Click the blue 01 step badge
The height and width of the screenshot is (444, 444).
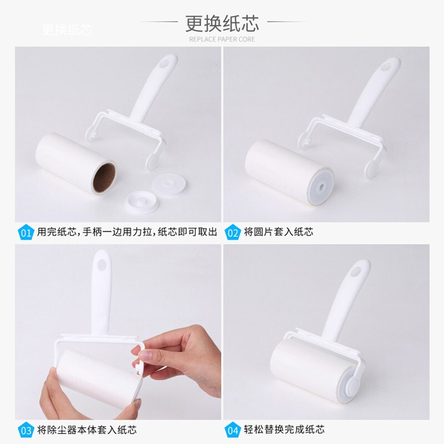(x=26, y=232)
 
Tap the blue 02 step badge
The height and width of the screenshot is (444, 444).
(x=233, y=232)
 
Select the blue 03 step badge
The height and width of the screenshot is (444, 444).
(x=26, y=430)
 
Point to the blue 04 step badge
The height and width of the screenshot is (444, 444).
(x=233, y=430)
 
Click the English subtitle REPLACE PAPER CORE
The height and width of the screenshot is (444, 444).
(x=222, y=39)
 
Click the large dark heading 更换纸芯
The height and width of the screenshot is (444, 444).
(x=223, y=23)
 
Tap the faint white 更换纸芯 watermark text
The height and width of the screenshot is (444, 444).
(x=67, y=29)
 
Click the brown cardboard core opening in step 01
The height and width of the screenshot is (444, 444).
(x=104, y=178)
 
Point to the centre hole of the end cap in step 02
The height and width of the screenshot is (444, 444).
(x=321, y=187)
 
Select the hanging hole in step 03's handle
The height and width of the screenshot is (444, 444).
(x=102, y=265)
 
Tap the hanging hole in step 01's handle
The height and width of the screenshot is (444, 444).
(x=163, y=64)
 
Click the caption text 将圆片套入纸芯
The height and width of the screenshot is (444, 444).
(x=279, y=232)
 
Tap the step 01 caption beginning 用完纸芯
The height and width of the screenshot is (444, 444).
(x=127, y=232)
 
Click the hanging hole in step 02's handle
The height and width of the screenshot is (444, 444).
(x=385, y=67)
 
